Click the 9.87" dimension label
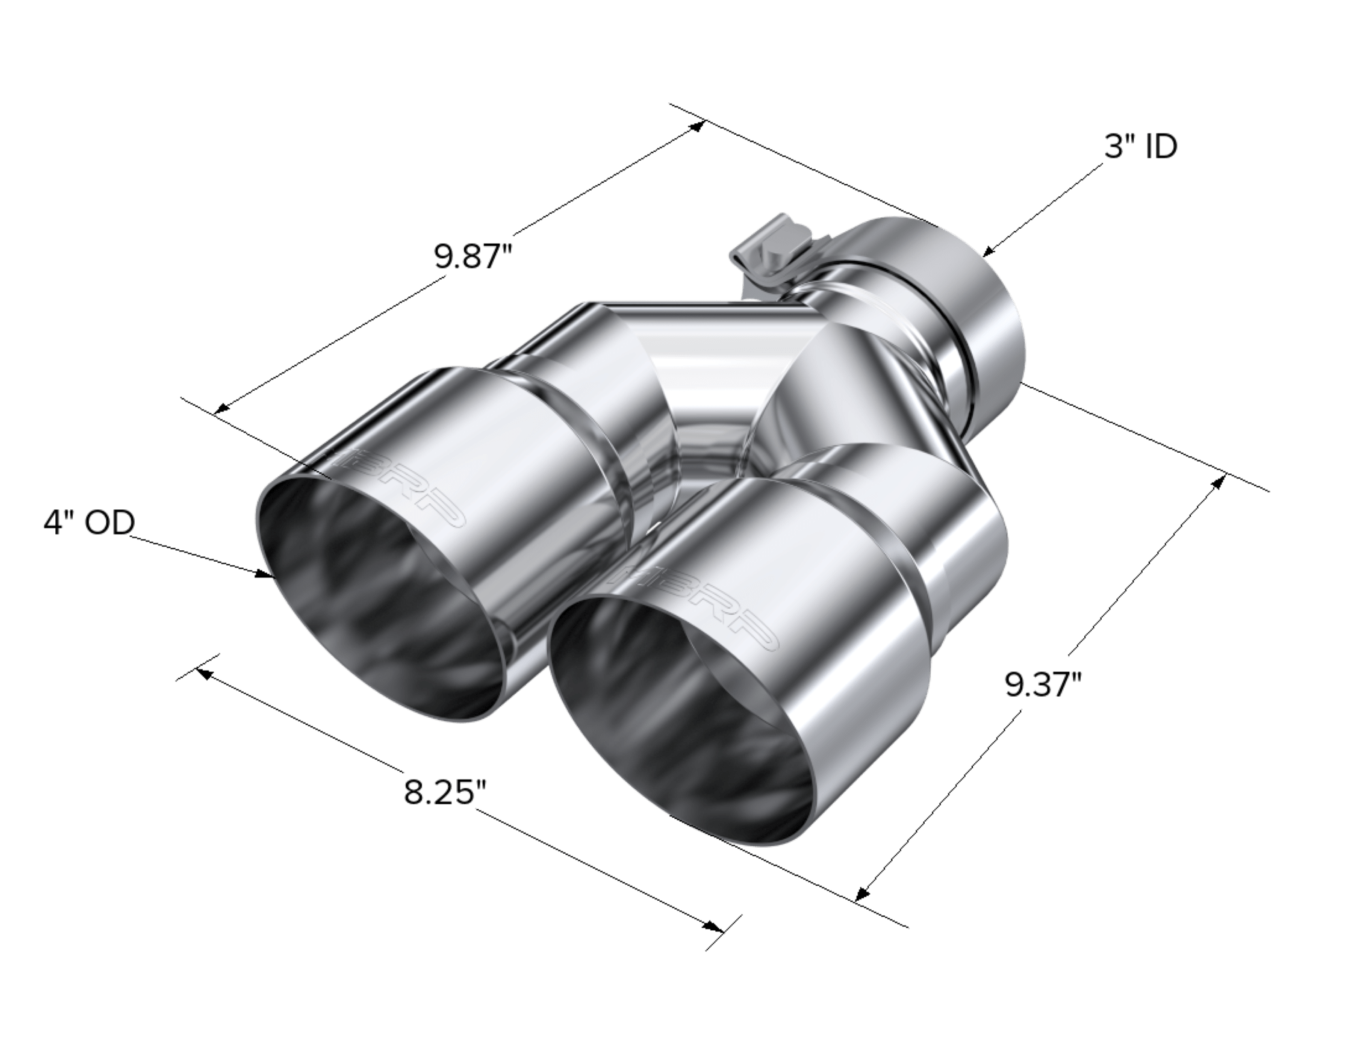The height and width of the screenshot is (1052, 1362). (473, 259)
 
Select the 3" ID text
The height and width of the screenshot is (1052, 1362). (1141, 147)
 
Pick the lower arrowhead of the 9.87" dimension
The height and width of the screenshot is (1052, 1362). (219, 411)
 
